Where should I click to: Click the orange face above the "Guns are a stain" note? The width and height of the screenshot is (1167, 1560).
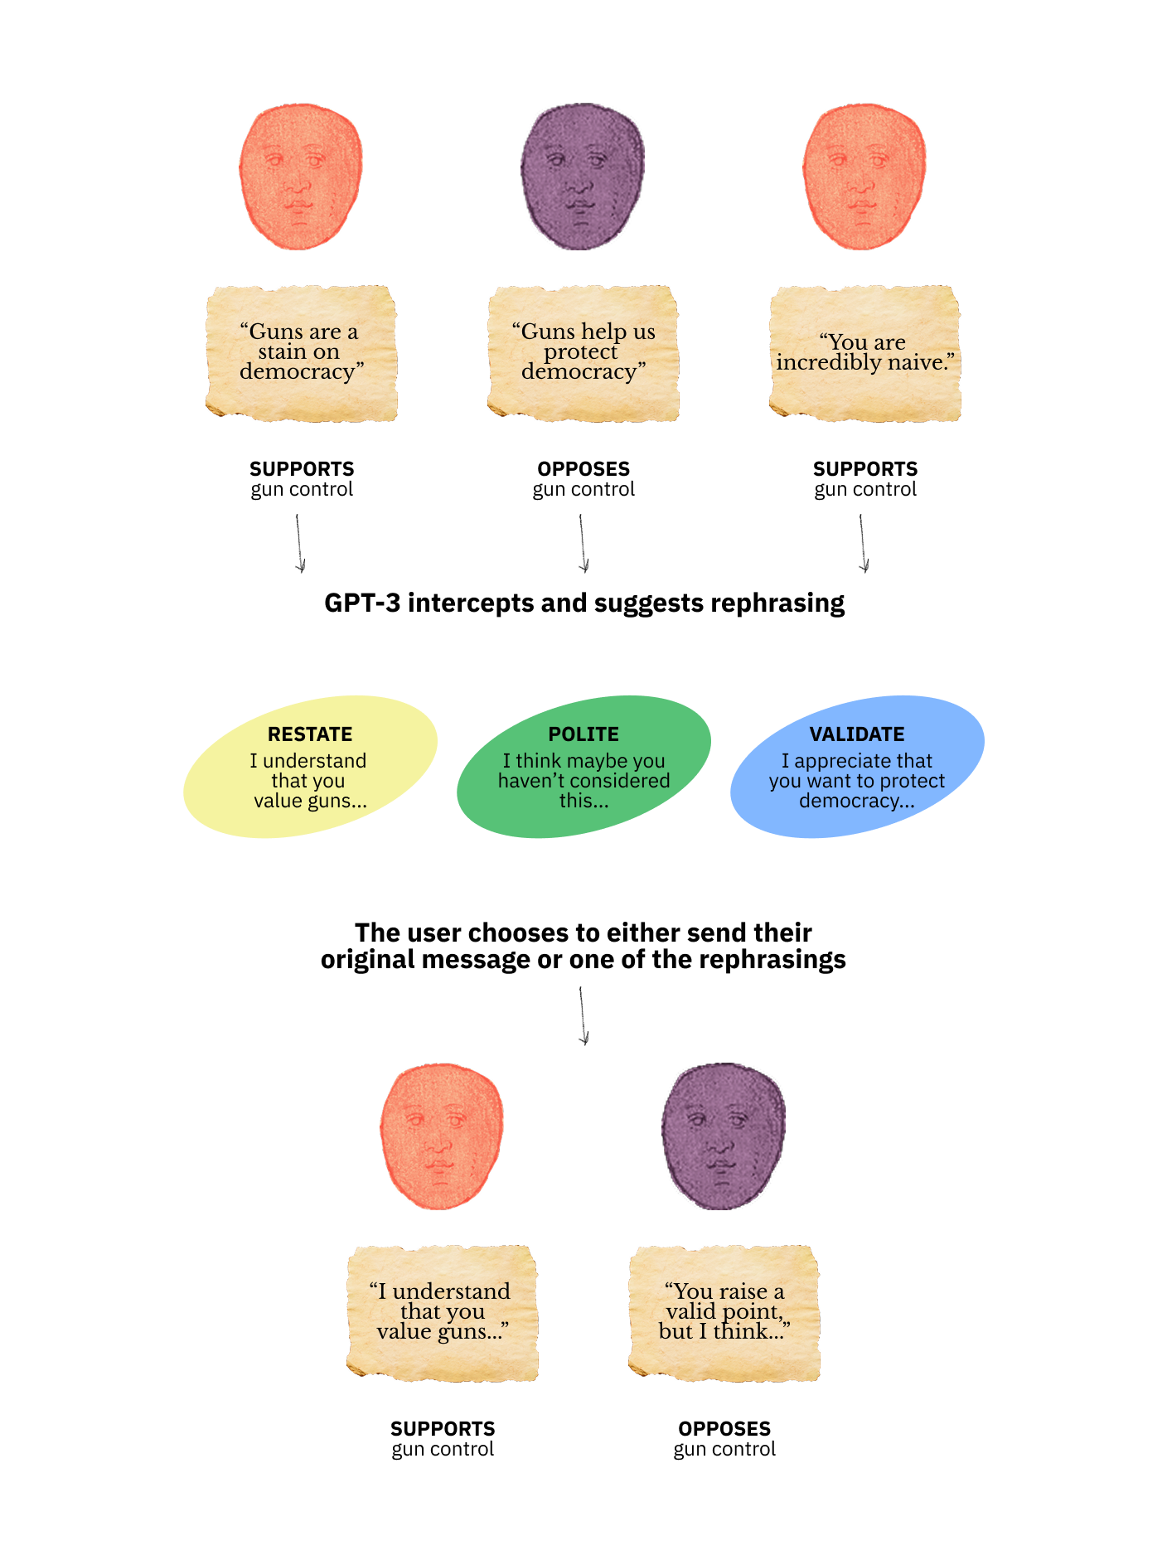coord(300,176)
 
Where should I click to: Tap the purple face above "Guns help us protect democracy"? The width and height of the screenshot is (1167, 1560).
coord(582,176)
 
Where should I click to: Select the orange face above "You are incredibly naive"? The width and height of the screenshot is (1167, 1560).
coord(864,176)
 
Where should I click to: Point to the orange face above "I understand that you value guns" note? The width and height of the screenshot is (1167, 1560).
coord(441,1136)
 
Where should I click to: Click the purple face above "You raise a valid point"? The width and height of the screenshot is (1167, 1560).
coord(723,1136)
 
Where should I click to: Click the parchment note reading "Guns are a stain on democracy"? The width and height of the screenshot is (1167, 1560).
coord(301,353)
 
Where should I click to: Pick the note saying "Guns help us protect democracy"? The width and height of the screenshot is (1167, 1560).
coord(583,353)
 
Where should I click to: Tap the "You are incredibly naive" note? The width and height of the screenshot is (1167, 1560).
coord(864,353)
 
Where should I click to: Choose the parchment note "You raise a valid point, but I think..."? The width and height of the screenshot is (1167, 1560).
coord(724,1313)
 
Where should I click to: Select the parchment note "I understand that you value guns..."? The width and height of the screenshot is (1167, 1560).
coord(442,1313)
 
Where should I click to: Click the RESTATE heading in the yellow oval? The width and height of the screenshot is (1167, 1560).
coord(310,734)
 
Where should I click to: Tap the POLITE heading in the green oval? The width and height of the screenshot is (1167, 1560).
coord(583,734)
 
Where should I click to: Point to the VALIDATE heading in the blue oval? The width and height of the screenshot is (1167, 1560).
coord(857,734)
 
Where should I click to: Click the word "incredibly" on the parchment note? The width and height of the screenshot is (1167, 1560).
coord(829,363)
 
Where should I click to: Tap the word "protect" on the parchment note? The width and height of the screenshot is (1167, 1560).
coord(580,352)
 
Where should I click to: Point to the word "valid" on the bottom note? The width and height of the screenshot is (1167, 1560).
coord(690,1311)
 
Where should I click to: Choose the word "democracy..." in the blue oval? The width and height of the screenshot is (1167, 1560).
coord(856,801)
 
